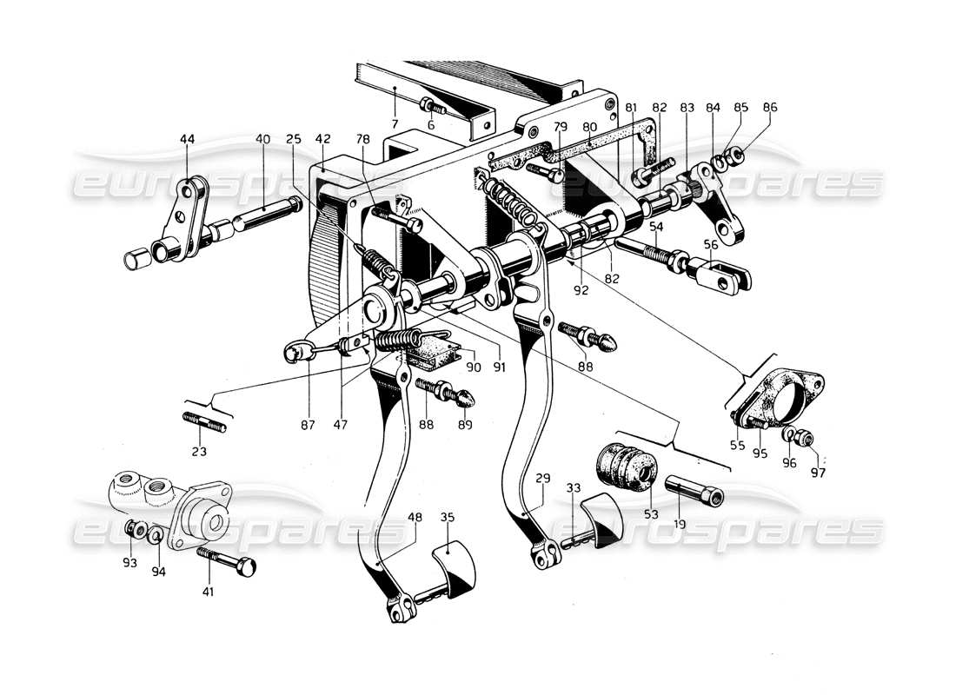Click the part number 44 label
pos(187,138)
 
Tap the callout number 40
pos(262,138)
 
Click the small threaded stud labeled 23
pos(205,425)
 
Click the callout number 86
pos(770,108)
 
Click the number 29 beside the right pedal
pos(543,480)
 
